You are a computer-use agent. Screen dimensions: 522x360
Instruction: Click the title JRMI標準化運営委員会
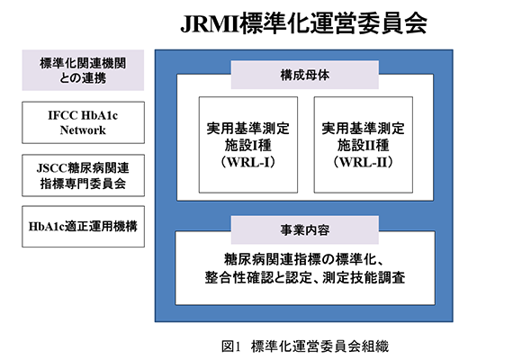pos(303,23)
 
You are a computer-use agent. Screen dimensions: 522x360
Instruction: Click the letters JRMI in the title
pos(210,23)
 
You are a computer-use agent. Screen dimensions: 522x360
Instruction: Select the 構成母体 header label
pos(304,75)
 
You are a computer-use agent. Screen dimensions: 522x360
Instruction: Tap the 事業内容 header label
pos(304,229)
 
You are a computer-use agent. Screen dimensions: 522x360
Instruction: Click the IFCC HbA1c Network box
pos(83,122)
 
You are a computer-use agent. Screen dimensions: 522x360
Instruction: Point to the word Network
pos(83,130)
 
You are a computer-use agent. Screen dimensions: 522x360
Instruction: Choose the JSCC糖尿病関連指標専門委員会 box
pos(83,175)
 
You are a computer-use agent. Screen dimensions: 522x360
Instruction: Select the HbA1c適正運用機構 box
pos(83,227)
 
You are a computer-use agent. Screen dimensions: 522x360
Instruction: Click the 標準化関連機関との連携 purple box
pos(83,70)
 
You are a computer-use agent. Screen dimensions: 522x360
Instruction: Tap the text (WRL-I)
pos(248,162)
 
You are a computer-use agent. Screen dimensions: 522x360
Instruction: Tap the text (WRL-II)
pos(364,162)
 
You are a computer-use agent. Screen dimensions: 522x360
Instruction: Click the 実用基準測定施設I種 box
pos(248,145)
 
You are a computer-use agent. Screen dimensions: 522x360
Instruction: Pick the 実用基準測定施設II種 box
pos(364,145)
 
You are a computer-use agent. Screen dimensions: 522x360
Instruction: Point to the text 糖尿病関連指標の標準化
pos(300,260)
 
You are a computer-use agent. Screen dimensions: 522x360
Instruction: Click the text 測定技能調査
pos(364,277)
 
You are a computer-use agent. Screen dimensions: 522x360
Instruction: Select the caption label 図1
pos(230,346)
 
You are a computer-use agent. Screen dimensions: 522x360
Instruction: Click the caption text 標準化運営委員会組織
pos(319,346)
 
